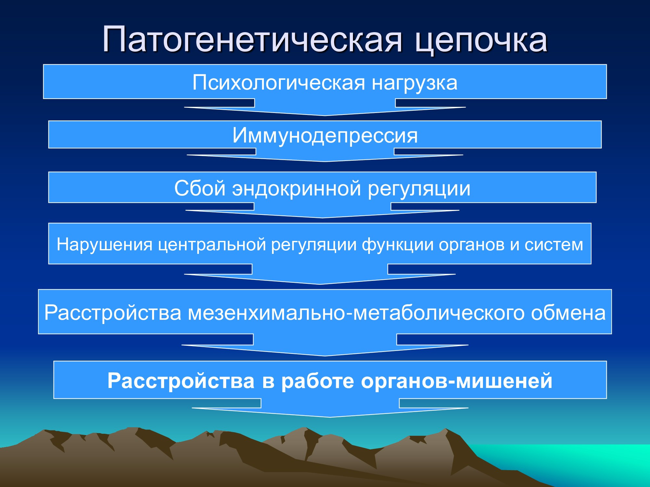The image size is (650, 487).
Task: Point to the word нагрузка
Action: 415,84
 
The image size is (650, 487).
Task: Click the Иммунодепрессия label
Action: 325,136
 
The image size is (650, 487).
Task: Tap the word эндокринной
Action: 296,189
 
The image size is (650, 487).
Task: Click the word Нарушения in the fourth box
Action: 104,245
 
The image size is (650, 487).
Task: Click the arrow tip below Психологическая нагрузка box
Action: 325,116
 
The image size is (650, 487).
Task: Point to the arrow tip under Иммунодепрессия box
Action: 325,161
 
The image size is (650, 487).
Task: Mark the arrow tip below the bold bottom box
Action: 330,417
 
